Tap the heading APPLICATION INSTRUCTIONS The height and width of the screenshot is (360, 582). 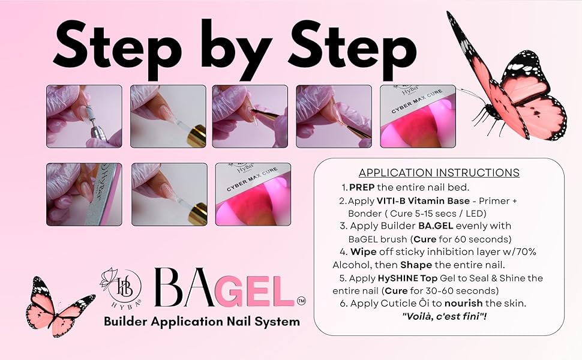click(x=439, y=173)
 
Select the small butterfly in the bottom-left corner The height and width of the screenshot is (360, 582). click(x=57, y=306)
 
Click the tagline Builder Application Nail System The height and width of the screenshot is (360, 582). click(x=202, y=322)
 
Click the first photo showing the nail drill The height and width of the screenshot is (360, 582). click(x=84, y=116)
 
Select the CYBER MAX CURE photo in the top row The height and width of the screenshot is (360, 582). click(x=418, y=116)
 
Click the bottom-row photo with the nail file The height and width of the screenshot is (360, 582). click(x=84, y=194)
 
